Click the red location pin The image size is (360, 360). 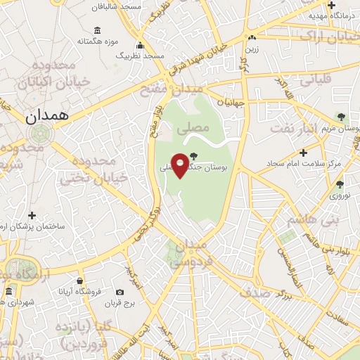pos(180,165)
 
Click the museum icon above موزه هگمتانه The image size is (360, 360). pos(96,30)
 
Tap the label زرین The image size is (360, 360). pos(251,50)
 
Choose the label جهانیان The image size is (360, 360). pos(231,102)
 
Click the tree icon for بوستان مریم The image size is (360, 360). pos(341,117)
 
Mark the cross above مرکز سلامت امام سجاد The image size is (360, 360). pos(303,152)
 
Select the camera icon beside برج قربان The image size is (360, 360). pos(120,292)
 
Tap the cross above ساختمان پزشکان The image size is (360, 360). pos(31,215)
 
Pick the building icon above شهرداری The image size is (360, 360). pos(8,291)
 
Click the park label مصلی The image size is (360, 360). pos(195,129)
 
